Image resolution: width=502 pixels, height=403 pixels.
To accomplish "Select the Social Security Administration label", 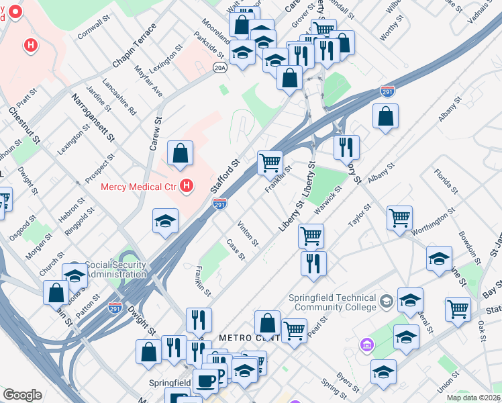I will (116, 270).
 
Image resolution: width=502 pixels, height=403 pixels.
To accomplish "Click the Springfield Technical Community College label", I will (332, 303).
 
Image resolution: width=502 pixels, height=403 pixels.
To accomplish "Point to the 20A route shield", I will (220, 67).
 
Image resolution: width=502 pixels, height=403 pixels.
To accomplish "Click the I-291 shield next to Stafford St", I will (219, 203).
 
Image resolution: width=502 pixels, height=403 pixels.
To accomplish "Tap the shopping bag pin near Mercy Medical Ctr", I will (181, 154).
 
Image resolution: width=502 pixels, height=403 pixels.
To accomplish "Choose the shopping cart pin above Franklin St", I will (270, 161).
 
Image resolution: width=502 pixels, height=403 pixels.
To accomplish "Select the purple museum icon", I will (366, 346).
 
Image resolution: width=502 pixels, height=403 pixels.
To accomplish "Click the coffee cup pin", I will (205, 381).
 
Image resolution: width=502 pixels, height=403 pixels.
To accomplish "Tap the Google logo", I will (21, 395).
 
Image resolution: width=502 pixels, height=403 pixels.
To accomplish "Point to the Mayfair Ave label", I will (148, 79).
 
